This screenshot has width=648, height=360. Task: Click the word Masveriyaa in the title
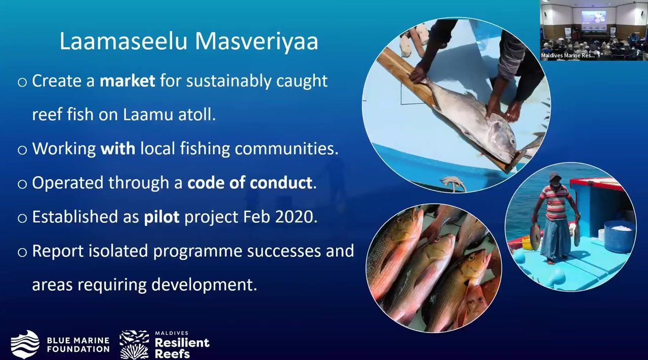257,42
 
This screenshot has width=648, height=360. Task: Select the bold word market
127,81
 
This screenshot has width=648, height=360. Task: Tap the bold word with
118,148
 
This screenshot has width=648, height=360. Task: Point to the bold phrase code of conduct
250,183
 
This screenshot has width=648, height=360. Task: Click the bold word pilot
161,217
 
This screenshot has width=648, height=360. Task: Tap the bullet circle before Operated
22,184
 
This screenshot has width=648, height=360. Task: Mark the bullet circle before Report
22,252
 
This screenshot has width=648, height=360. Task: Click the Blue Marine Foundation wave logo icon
25,344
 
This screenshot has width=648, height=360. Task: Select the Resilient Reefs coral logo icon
134,345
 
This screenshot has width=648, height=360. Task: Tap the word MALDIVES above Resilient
172,333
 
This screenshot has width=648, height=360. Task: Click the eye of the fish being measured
513,141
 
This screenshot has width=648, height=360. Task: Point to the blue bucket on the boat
619,235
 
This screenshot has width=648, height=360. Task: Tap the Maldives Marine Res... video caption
568,55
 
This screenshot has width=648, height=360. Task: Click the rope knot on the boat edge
453,183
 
